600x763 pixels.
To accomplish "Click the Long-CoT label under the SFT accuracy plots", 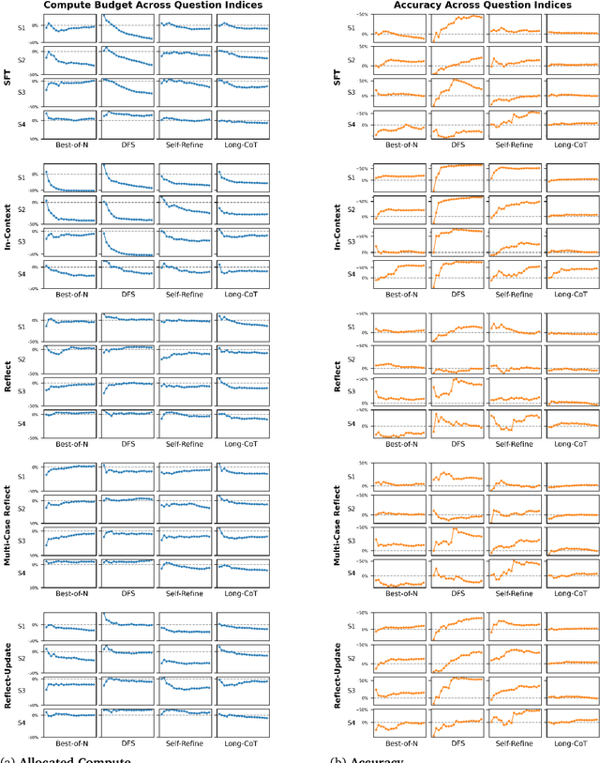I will (x=572, y=142).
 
